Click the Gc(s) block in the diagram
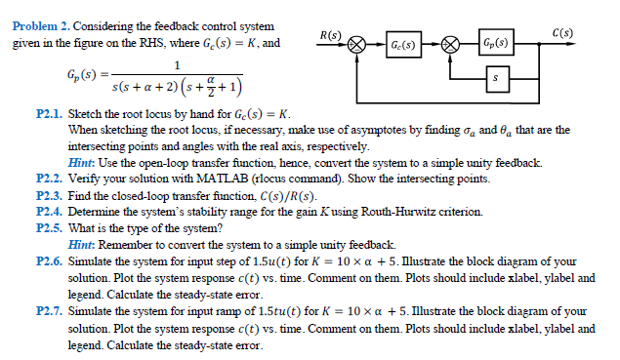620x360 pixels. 402,45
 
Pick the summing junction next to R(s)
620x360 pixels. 357,45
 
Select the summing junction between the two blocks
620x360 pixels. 450,45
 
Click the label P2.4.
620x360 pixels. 49,211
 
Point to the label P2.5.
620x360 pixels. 49,227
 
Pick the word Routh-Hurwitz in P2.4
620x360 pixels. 393,211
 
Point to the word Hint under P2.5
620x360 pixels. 84,243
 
